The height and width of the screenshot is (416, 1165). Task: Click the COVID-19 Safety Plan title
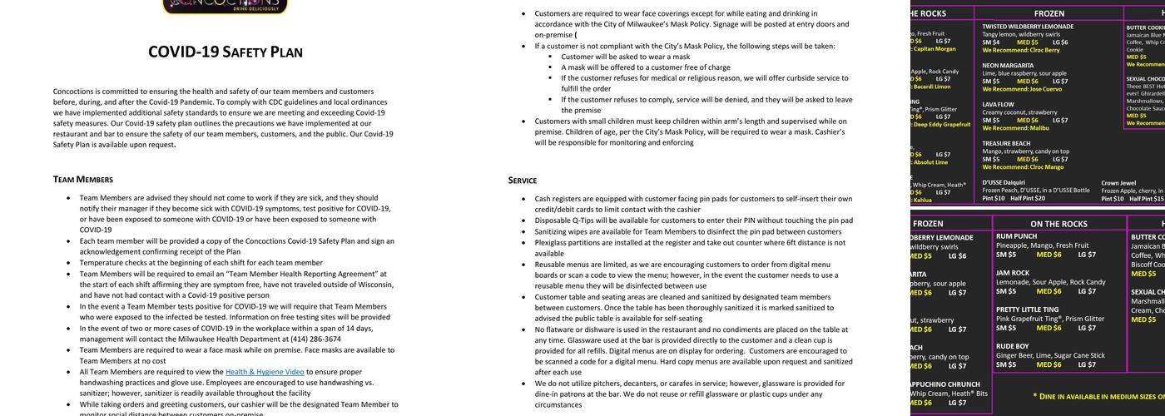pos(226,52)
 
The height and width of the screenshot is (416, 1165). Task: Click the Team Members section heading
pos(83,179)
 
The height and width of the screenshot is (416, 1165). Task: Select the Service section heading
pos(523,180)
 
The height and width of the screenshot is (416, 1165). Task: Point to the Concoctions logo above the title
pos(226,7)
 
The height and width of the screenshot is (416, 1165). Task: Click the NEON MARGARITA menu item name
pos(1008,65)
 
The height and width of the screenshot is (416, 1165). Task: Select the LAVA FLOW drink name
pos(998,105)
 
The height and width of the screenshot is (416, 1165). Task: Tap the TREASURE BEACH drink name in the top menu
pos(1006,143)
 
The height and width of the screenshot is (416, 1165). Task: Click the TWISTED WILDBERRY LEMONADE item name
pos(1028,27)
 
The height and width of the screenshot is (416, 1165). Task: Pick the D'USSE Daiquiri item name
pos(1004,182)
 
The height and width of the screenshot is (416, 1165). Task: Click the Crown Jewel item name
pos(1118,183)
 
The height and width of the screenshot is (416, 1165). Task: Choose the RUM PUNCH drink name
pos(1015,236)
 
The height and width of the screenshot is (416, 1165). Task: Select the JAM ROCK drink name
pos(1013,273)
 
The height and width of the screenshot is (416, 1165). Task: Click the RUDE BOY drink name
pos(1013,346)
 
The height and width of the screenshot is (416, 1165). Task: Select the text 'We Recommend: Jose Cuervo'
pos(1024,89)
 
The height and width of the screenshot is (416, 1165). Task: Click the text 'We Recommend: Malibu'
pos(1015,128)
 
